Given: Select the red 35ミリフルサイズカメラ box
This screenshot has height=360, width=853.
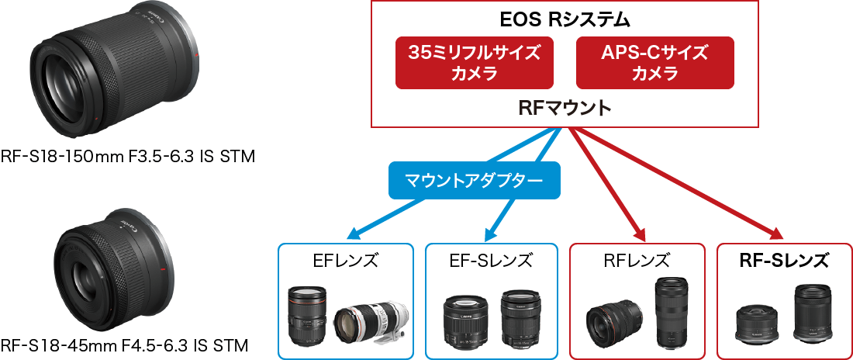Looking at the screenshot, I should (x=475, y=63).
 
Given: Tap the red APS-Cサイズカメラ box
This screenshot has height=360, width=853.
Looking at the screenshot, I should (x=654, y=63).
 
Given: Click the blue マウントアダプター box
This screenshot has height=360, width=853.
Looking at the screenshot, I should (x=473, y=180).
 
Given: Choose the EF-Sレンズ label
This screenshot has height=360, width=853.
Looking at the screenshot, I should (x=492, y=261).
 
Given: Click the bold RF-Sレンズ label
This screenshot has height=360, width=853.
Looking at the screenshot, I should (x=783, y=261).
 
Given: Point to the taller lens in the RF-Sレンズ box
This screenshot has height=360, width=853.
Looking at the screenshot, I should (x=812, y=313).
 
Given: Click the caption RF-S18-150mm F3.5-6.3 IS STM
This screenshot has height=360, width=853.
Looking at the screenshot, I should (x=127, y=157).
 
